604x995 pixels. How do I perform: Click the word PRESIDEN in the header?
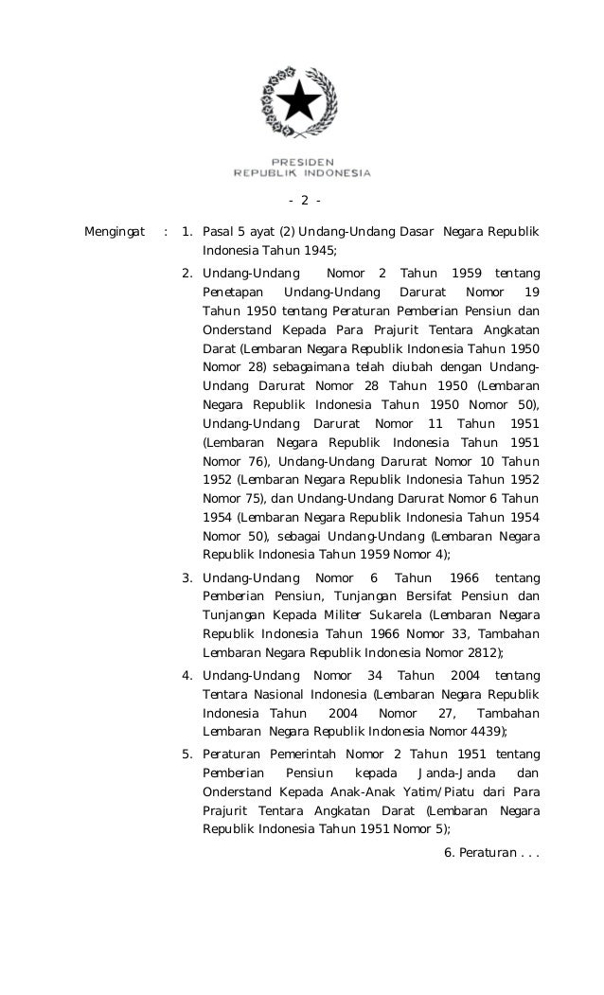[302, 162]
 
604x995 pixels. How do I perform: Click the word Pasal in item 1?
[219, 230]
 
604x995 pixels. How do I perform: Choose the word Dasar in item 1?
[415, 230]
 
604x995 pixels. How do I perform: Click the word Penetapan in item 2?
[233, 293]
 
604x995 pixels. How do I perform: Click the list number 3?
[187, 578]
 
